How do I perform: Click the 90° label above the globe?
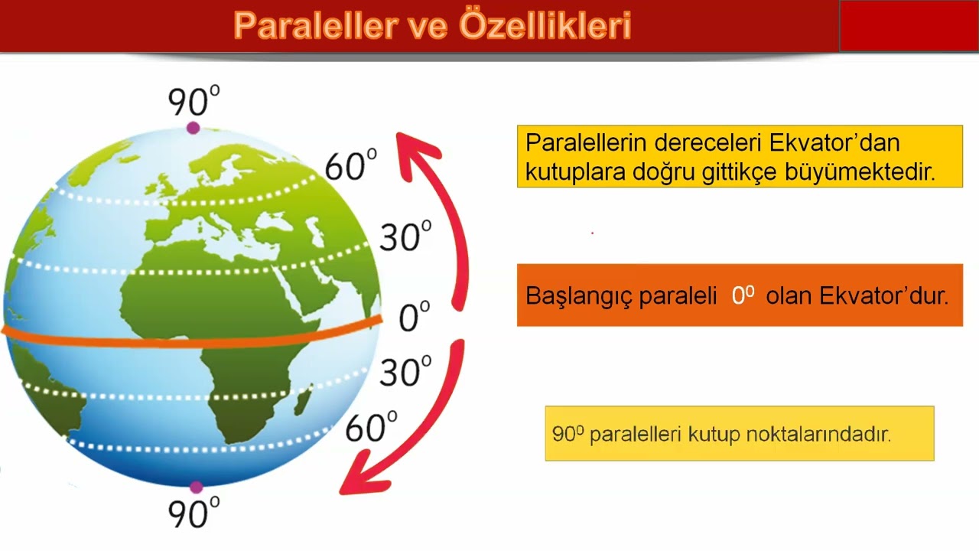pyautogui.click(x=194, y=101)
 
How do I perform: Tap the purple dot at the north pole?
pyautogui.click(x=193, y=128)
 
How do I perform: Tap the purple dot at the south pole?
pyautogui.click(x=197, y=487)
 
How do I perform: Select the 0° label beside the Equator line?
pyautogui.click(x=414, y=316)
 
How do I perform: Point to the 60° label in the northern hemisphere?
pyautogui.click(x=350, y=165)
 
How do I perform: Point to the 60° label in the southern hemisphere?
pyautogui.click(x=371, y=427)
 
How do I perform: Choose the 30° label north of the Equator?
pyautogui.click(x=405, y=236)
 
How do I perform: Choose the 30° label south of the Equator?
pyautogui.click(x=405, y=371)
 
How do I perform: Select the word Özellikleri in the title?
pyautogui.click(x=545, y=25)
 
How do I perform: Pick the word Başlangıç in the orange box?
pyautogui.click(x=579, y=296)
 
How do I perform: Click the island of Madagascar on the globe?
pyautogui.click(x=302, y=400)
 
